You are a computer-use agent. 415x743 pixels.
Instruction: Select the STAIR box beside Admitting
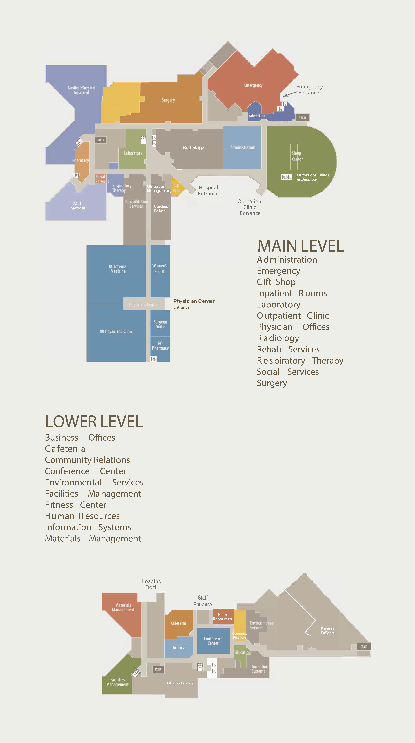point(302,118)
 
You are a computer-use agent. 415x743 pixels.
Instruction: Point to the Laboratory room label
point(133,153)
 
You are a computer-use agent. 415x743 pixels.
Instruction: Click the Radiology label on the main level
point(193,148)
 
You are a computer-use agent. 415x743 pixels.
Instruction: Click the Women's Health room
point(160,269)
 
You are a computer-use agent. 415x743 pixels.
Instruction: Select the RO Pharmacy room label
point(160,346)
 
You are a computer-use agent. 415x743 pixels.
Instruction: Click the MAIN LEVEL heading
point(301,246)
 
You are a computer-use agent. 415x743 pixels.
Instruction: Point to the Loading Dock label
point(151,584)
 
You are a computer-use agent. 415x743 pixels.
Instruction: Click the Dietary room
point(178,648)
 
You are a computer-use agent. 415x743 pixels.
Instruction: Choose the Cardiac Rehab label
point(161,209)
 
